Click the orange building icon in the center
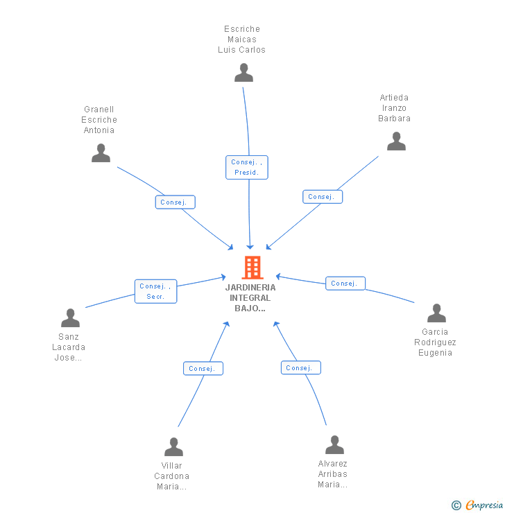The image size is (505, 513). [x=252, y=268]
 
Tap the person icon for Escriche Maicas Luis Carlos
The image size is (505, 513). [x=243, y=73]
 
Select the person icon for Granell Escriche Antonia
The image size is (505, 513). [x=101, y=153]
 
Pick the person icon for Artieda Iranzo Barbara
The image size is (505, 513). [x=396, y=141]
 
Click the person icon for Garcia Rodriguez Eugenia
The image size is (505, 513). [x=436, y=313]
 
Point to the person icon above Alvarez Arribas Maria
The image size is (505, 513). [x=334, y=445]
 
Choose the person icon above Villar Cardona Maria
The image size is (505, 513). [x=173, y=447]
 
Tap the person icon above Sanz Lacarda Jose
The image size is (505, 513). [x=70, y=318]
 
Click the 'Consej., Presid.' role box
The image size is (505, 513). [x=246, y=167]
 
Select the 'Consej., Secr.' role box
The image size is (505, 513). [x=155, y=291]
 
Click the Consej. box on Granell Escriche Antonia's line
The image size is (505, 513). [x=175, y=202]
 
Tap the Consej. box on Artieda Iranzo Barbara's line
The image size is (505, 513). [x=323, y=197]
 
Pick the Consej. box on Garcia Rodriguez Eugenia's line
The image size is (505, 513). [x=345, y=284]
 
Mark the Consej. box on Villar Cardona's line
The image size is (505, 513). [x=203, y=369]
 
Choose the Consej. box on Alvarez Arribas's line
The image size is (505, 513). [x=300, y=368]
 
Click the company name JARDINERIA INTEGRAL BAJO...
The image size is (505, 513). [x=250, y=298]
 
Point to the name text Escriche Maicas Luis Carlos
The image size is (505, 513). [x=241, y=40]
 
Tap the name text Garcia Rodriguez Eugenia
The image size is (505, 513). [x=436, y=342]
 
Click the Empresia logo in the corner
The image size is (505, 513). [x=484, y=505]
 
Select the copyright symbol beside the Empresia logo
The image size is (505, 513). [x=456, y=505]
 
